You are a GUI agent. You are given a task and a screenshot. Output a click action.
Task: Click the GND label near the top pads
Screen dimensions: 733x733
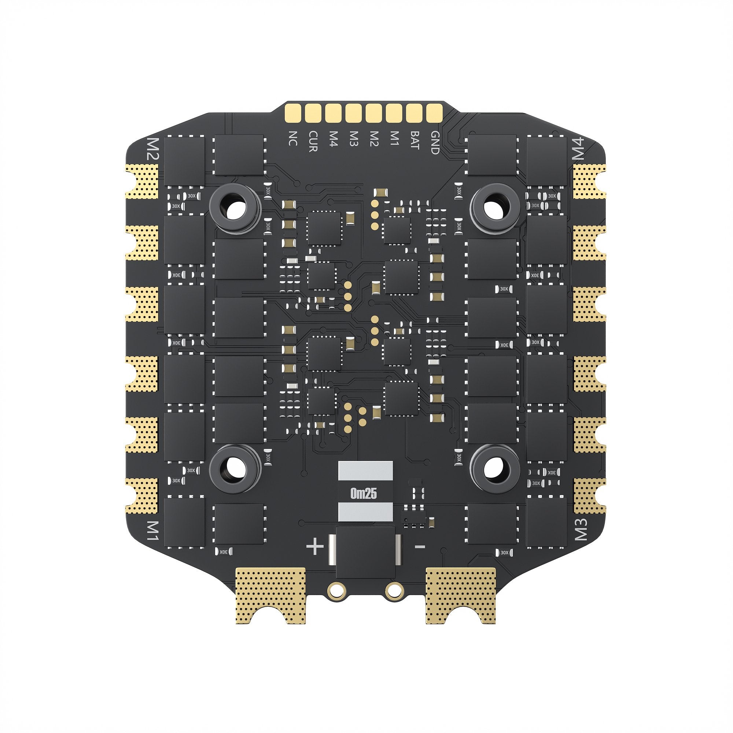435,142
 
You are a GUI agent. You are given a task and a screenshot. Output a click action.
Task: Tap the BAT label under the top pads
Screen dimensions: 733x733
414,140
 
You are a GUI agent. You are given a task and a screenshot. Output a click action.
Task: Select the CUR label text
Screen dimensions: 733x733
313,141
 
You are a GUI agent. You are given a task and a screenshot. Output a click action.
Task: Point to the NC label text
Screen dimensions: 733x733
292,139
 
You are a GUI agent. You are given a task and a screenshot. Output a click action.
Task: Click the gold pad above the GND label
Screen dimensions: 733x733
434,112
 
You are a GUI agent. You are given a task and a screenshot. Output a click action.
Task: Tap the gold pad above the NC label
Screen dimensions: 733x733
293,112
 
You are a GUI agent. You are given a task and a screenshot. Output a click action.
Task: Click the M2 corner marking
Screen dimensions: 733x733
154,149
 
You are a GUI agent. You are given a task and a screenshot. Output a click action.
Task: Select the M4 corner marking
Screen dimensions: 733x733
579,149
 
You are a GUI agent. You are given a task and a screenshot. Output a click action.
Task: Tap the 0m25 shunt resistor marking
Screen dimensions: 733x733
364,494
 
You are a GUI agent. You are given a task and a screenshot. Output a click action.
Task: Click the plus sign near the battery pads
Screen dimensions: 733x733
315,548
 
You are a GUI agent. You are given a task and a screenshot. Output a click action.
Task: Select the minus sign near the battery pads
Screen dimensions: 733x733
420,547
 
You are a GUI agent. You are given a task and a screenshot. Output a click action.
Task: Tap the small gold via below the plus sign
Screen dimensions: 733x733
336,601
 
